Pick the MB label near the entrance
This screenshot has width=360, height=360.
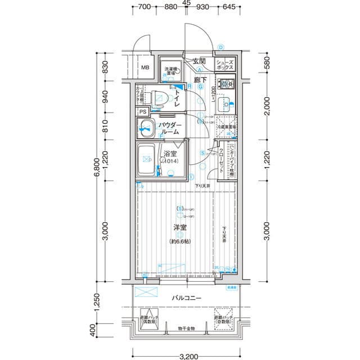(x=145, y=68)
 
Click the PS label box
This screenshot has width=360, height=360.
(x=143, y=111)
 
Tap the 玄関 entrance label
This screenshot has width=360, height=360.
(x=199, y=61)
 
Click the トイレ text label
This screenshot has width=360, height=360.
(x=177, y=100)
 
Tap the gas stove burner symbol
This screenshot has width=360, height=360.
(x=227, y=85)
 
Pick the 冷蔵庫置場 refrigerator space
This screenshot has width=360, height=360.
(x=227, y=128)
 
